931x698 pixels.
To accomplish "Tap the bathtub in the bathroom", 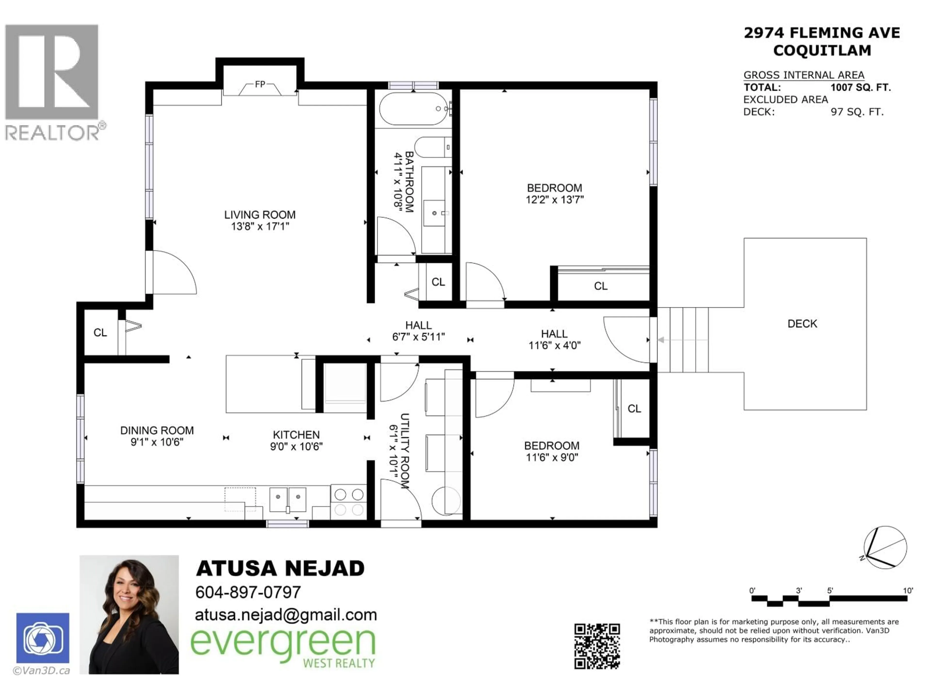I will click(413, 109).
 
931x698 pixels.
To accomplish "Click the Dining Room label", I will click(157, 430).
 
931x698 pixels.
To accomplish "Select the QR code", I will click(597, 646).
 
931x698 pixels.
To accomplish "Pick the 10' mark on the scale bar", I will click(908, 591).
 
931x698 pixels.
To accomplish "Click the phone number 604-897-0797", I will click(248, 592).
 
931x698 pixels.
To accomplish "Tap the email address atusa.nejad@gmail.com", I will click(286, 615).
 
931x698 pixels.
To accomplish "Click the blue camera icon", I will click(43, 638).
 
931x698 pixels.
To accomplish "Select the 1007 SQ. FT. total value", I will click(860, 87).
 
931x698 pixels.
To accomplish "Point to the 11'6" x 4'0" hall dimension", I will click(554, 345).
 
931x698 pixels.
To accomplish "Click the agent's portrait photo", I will click(129, 615).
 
